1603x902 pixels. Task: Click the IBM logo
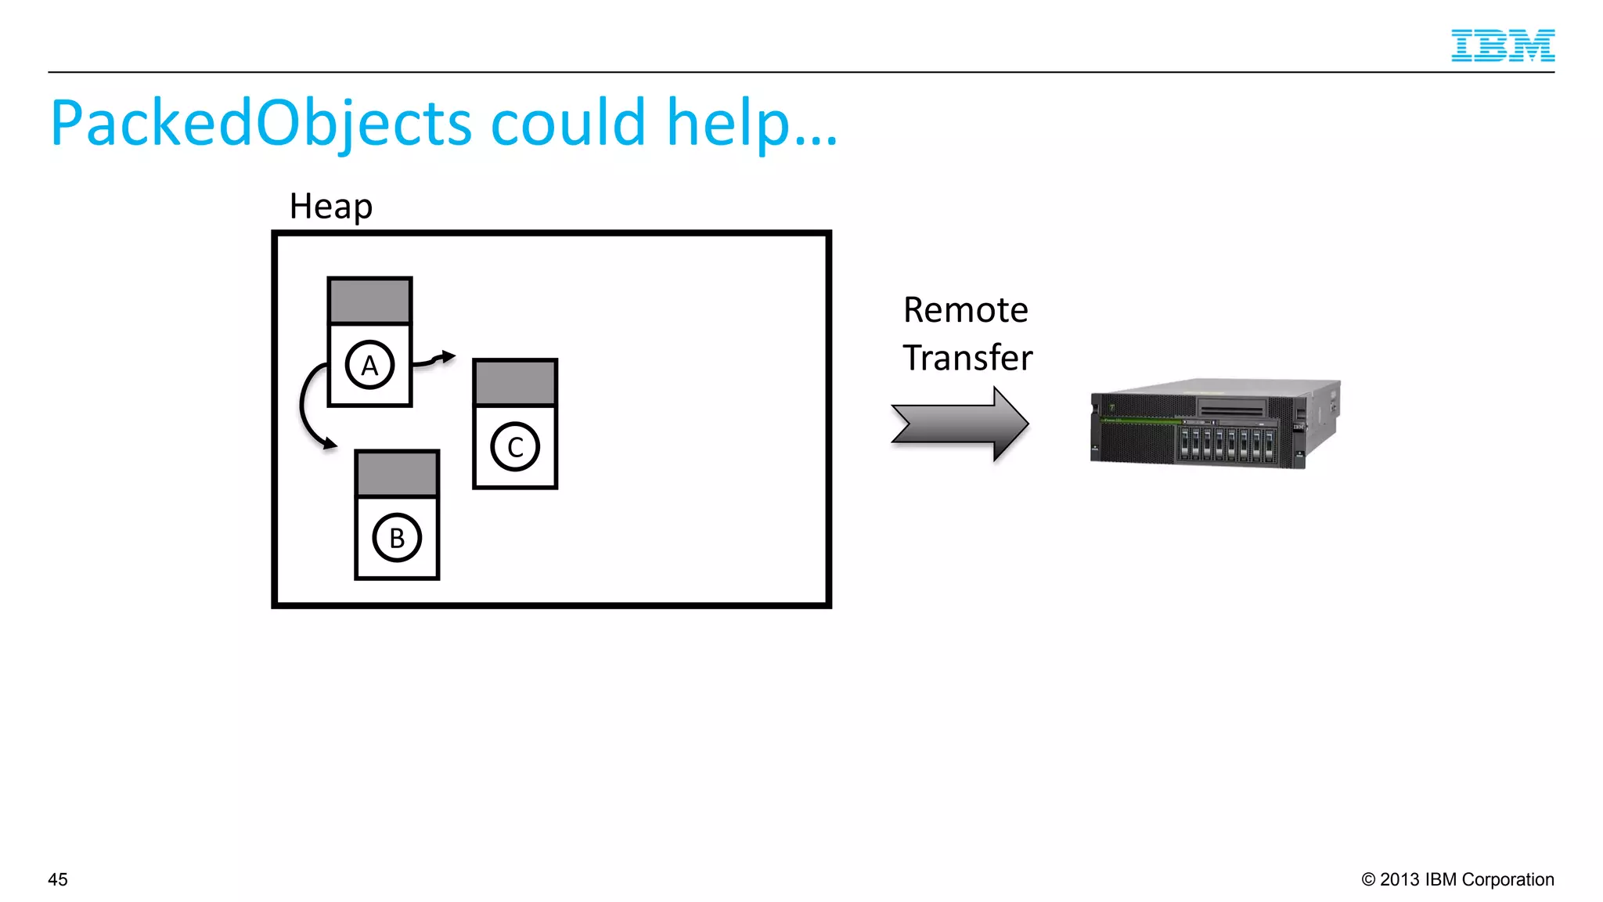(x=1502, y=45)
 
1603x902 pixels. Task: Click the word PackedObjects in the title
(x=261, y=124)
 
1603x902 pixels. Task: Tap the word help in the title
(x=728, y=124)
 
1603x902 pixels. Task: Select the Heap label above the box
(x=330, y=206)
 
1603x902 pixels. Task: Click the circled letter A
(x=369, y=365)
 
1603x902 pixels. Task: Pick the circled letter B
(x=397, y=538)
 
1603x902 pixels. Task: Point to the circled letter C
(x=515, y=447)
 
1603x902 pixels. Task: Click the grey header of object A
(x=369, y=301)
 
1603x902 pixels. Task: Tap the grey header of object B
(x=397, y=474)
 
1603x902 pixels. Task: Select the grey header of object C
(x=515, y=383)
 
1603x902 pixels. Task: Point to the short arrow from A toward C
(x=434, y=359)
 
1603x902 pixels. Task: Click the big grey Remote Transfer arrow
(x=960, y=424)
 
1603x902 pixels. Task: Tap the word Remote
(x=965, y=310)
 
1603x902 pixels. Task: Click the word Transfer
(x=967, y=358)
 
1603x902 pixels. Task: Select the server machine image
(x=1214, y=424)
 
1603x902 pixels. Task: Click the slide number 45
(x=58, y=879)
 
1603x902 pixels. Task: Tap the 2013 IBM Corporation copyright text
(x=1457, y=879)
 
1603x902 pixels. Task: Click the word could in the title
(x=567, y=124)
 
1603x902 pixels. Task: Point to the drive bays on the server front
(x=1226, y=443)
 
